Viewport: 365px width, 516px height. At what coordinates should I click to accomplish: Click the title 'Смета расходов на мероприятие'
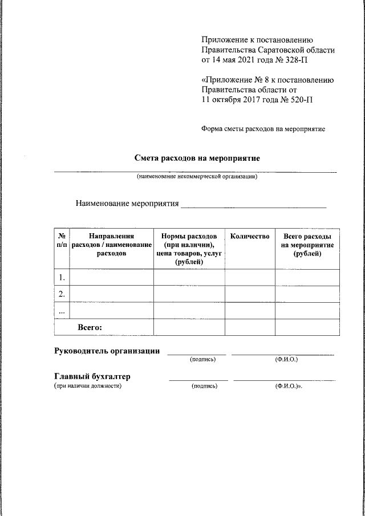pyautogui.click(x=197, y=158)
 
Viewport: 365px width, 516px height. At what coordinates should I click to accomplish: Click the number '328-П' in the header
pyautogui.click(x=300, y=60)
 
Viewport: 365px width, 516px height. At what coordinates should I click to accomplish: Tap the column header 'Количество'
pyautogui.click(x=249, y=236)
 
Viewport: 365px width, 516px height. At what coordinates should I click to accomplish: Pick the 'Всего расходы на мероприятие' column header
pyautogui.click(x=307, y=245)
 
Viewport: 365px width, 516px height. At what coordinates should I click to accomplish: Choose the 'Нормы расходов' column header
pyautogui.click(x=189, y=249)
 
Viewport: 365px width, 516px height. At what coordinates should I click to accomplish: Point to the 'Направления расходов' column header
pyautogui.click(x=111, y=245)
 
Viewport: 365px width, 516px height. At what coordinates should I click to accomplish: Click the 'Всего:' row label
pyautogui.click(x=90, y=327)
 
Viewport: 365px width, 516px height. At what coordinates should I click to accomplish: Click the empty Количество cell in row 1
pyautogui.click(x=249, y=278)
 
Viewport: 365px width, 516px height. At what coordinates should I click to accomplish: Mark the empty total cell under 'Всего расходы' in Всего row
pyautogui.click(x=307, y=327)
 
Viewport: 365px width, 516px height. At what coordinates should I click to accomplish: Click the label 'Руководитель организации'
pyautogui.click(x=107, y=351)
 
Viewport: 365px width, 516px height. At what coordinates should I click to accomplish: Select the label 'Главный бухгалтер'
pyautogui.click(x=92, y=376)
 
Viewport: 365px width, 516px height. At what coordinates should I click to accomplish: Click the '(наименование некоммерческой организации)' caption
pyautogui.click(x=196, y=177)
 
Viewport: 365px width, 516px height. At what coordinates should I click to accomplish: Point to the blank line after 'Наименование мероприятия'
pyautogui.click(x=253, y=204)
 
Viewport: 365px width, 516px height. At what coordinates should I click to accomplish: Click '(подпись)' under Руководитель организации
pyautogui.click(x=202, y=360)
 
